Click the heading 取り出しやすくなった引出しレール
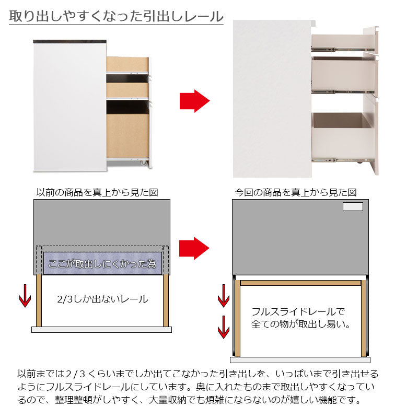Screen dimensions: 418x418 [116, 16]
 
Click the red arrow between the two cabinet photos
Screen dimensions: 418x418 [194, 101]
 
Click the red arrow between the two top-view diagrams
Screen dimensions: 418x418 [194, 248]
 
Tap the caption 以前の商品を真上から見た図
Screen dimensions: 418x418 [97, 192]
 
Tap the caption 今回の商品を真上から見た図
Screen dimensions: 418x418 [295, 192]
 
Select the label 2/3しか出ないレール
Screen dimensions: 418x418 [102, 299]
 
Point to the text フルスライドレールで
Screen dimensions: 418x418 [298, 312]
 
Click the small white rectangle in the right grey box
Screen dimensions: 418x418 [352, 206]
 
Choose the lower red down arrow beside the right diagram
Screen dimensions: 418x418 [223, 329]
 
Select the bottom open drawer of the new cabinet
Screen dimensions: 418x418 [342, 136]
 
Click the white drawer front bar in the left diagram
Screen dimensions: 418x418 [102, 330]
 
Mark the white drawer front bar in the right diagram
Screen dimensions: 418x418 [300, 359]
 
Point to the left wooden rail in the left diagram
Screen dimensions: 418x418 [38, 300]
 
